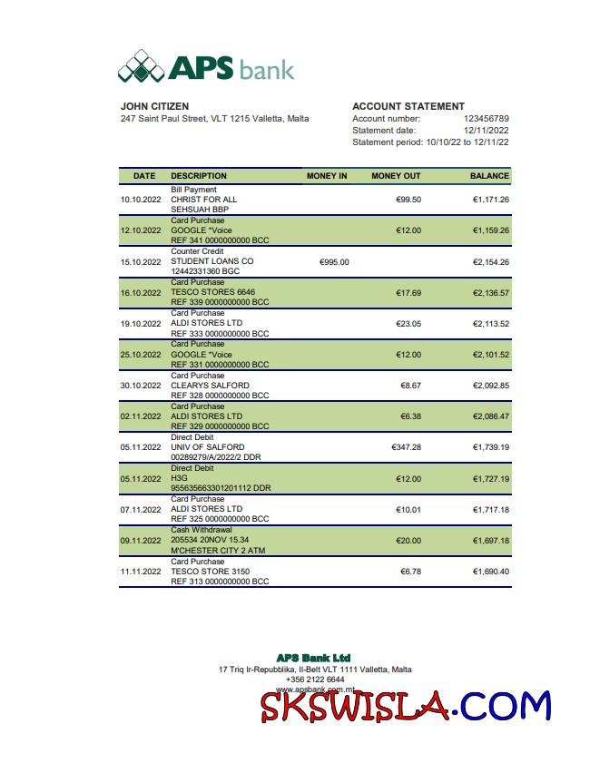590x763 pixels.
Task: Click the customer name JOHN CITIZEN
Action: coord(154,106)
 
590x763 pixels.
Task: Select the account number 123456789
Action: coord(486,119)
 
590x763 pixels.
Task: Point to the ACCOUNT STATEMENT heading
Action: coord(408,106)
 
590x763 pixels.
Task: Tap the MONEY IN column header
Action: coord(327,176)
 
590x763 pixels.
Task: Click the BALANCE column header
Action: coord(489,176)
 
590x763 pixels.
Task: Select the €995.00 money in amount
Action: coord(334,262)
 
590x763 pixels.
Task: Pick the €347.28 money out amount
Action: coord(406,447)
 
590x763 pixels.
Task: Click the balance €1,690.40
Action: coord(490,572)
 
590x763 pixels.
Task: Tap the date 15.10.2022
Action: coord(141,262)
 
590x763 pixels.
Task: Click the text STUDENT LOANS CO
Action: coord(211,261)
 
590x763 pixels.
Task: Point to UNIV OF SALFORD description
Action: coord(207,447)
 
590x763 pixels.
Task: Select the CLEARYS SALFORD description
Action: coord(210,386)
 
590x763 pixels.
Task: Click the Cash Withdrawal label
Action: coord(202,530)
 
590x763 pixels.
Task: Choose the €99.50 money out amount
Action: coord(408,200)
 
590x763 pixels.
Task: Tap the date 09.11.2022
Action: coord(141,541)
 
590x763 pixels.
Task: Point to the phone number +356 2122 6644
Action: coord(315,680)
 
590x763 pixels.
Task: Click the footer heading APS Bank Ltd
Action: coord(313,658)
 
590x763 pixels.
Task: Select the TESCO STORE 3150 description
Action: coord(210,572)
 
